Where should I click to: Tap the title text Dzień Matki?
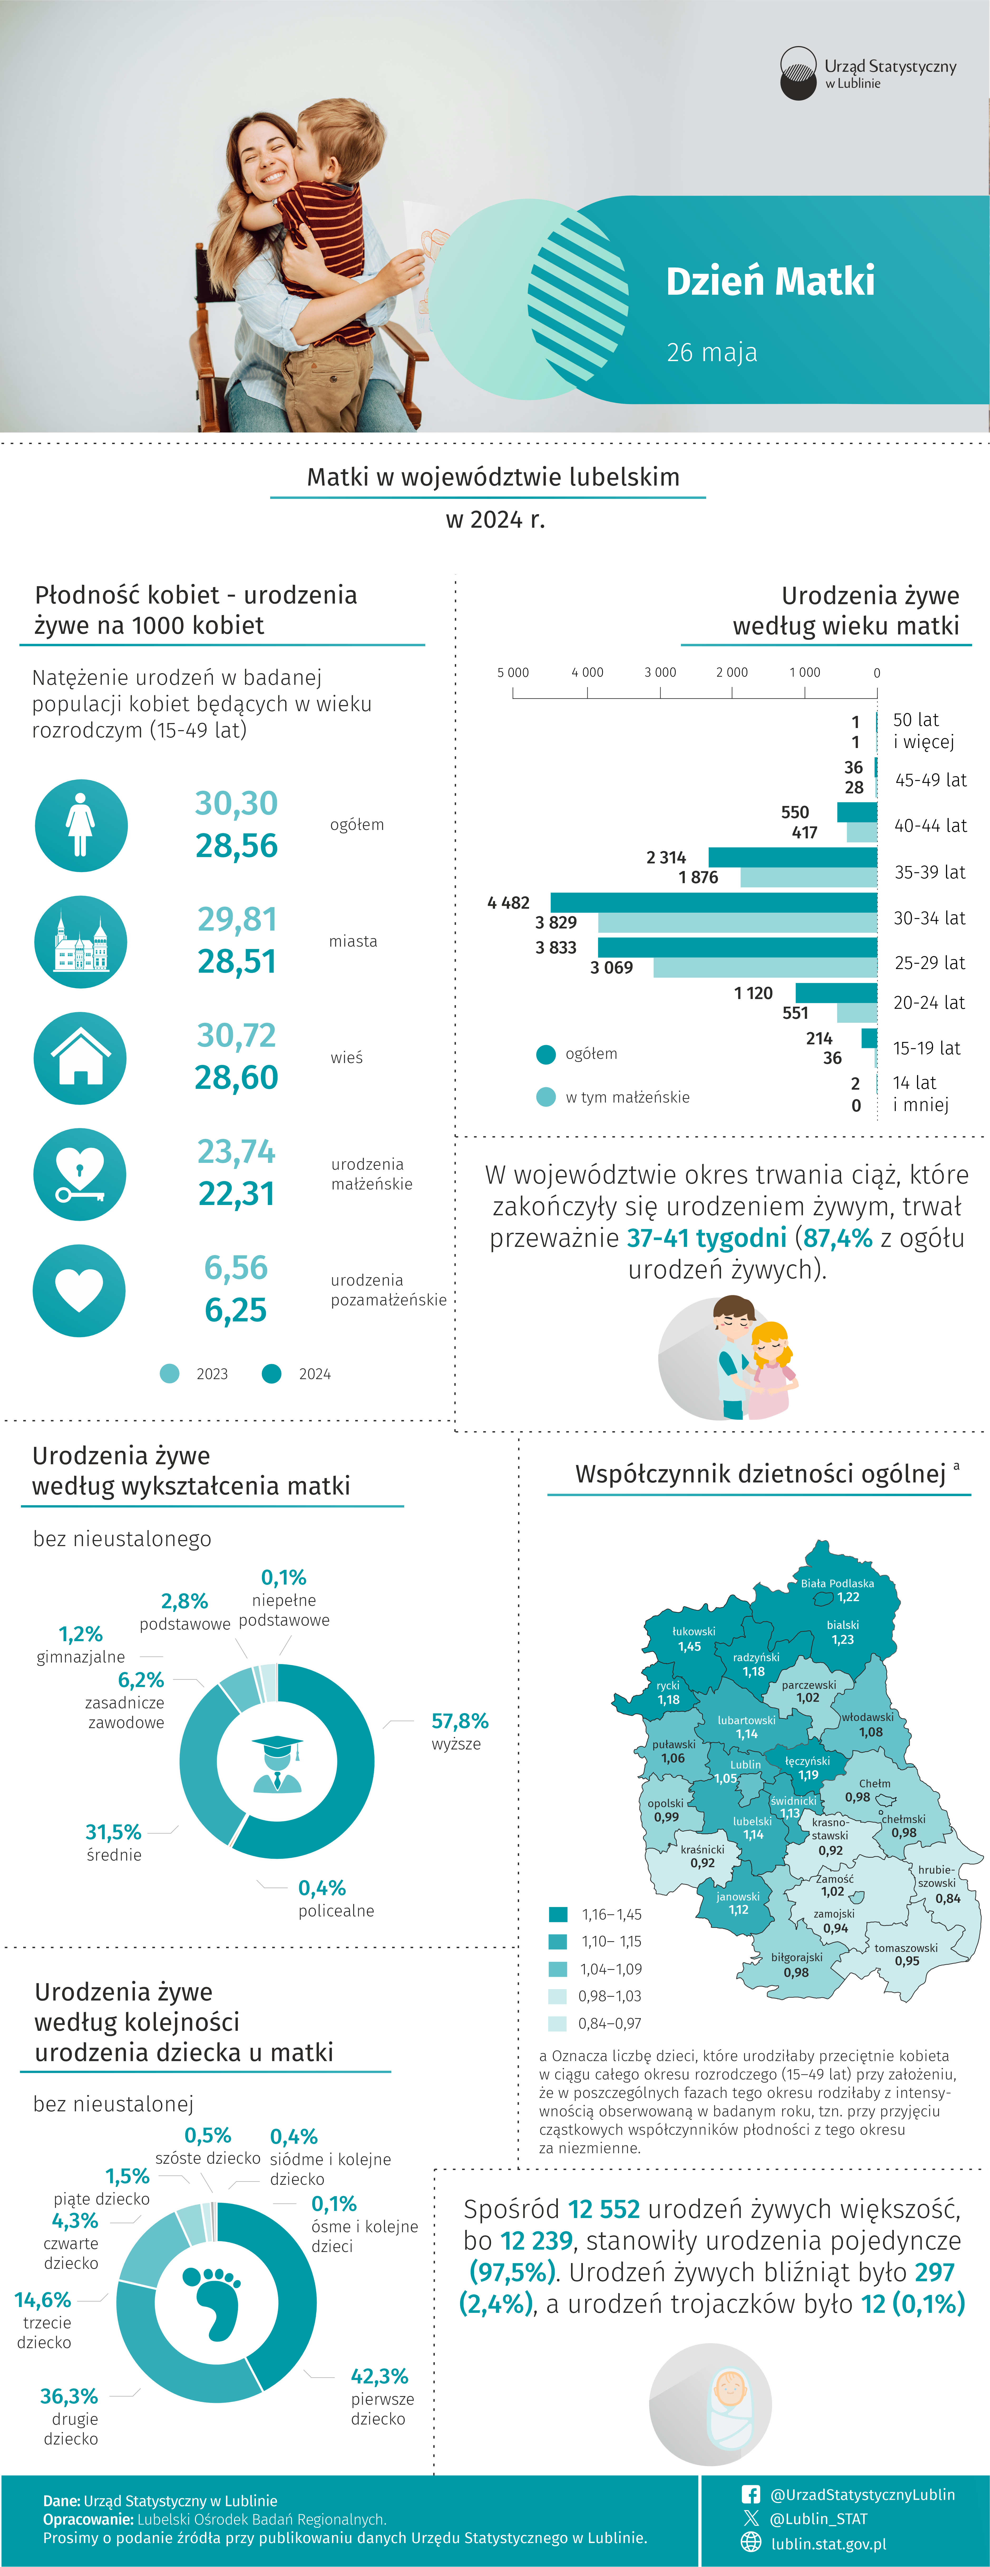pos(770,281)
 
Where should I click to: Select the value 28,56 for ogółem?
pos(236,846)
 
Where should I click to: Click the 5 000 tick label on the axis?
pos(513,673)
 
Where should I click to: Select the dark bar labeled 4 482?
pos(714,903)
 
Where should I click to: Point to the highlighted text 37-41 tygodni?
pos(707,1238)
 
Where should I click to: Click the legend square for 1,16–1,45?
pos(558,1914)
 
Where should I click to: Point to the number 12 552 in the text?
pos(604,2209)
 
